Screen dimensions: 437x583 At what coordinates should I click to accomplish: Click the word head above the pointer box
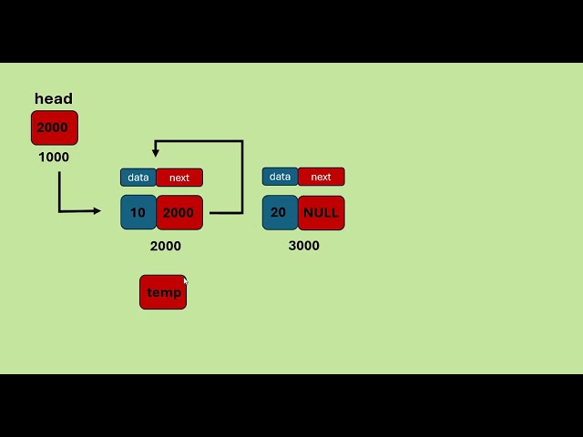click(54, 98)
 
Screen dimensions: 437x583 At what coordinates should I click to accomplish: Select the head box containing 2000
click(54, 127)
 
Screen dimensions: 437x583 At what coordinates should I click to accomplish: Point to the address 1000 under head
click(54, 157)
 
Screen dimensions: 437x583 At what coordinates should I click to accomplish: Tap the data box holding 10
click(138, 212)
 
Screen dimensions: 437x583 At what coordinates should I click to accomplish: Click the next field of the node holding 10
click(179, 212)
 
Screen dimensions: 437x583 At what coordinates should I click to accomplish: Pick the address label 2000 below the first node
click(165, 246)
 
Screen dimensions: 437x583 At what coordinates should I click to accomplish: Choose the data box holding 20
click(279, 212)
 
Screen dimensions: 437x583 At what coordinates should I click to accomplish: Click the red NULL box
click(321, 212)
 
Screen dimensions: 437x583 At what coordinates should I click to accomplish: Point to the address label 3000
click(303, 246)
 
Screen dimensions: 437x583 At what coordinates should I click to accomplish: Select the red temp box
click(163, 292)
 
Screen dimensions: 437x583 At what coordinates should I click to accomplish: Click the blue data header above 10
click(138, 178)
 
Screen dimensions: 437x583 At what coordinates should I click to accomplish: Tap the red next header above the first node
click(179, 178)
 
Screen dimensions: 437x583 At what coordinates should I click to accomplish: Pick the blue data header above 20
click(280, 177)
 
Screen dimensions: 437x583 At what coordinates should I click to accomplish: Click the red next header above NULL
click(321, 177)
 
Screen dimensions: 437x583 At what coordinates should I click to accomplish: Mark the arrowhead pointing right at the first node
click(97, 211)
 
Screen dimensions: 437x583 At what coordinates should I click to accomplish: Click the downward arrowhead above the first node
click(156, 152)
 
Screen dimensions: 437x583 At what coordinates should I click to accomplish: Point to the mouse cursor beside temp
click(185, 281)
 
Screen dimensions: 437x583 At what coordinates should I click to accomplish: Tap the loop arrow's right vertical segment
click(242, 178)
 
